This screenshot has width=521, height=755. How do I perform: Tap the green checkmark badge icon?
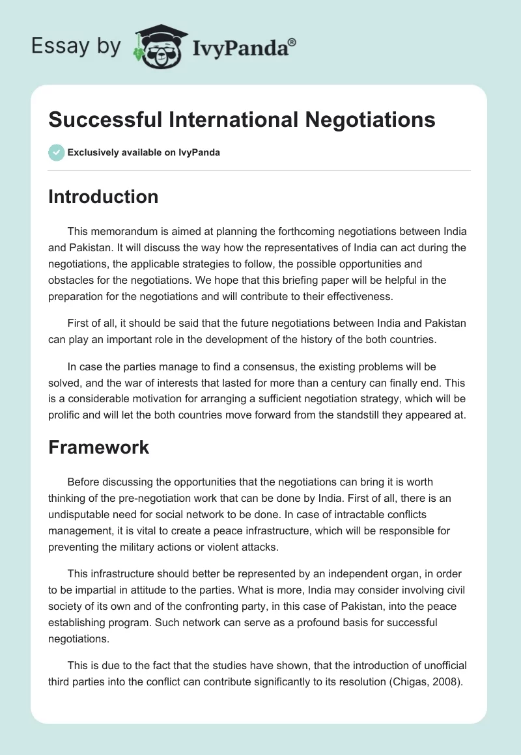coord(56,152)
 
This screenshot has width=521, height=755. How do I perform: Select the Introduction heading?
coord(103,197)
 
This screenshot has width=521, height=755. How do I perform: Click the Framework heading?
coord(98,447)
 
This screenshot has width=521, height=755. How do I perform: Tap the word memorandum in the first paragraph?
coord(124,232)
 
